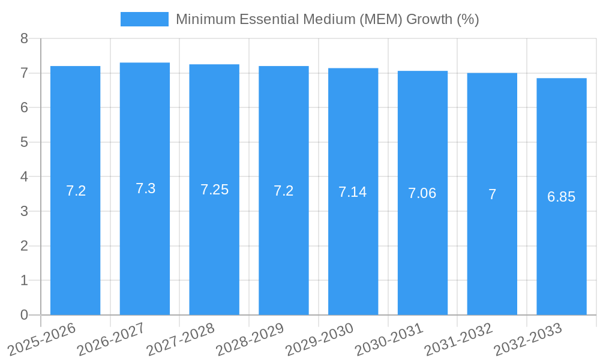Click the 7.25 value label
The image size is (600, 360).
coord(214,190)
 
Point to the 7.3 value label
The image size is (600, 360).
coord(145,188)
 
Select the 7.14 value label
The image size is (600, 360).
coord(353,192)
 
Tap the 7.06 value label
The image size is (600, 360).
coord(422,193)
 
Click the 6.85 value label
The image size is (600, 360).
coord(561,197)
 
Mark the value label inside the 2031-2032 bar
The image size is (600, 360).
coord(492,194)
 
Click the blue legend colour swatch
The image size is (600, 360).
coord(144,19)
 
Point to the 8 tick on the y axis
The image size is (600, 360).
coord(24,38)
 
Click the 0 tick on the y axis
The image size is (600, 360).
coord(24,315)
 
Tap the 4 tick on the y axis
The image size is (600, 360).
coord(24,177)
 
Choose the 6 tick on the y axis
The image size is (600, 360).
coord(24,107)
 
